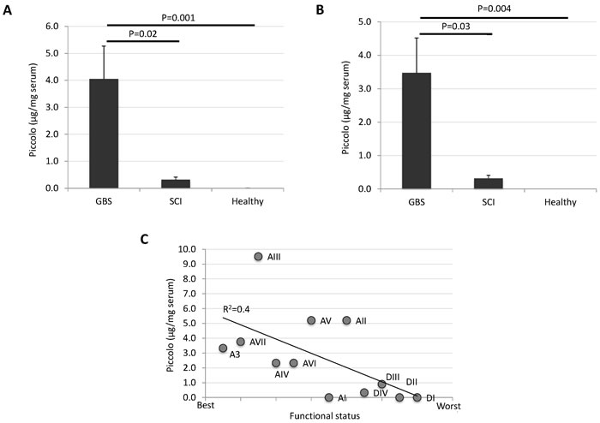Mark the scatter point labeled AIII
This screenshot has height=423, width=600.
coord(258,256)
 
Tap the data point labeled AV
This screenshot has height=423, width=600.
coord(311,320)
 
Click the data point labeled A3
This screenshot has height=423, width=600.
coord(223,349)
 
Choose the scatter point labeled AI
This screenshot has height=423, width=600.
coord(329,397)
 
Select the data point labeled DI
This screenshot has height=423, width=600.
coord(417,397)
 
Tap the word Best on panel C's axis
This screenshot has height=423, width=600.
coord(207,406)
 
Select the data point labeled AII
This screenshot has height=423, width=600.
coord(346,320)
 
